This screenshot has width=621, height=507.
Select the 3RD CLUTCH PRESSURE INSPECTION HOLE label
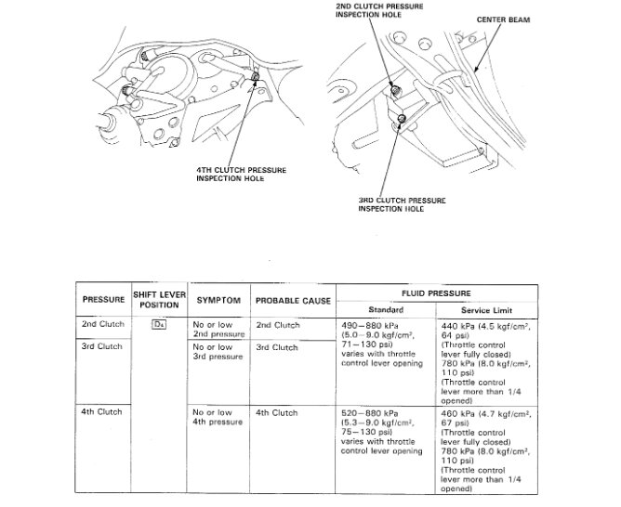402,204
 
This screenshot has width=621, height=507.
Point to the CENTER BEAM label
503,19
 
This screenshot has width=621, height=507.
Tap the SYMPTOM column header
218,301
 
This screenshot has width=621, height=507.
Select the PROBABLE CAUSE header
293,301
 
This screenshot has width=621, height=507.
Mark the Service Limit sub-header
487,308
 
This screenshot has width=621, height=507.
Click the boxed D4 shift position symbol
159,325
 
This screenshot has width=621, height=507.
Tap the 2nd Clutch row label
103,325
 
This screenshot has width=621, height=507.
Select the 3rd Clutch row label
103,346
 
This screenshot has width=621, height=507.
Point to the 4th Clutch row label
103,411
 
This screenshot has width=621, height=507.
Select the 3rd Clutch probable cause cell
276,347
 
